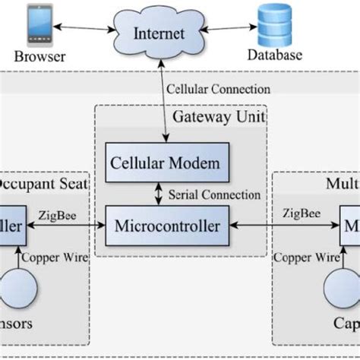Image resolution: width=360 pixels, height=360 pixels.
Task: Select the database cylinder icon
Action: tap(275, 24)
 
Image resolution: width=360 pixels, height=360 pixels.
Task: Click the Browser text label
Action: tap(40, 56)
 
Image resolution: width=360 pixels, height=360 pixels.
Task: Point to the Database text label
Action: tap(275, 55)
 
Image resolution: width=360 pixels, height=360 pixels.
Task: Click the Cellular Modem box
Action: tap(166, 163)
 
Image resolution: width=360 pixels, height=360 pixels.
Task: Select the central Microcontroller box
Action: tap(167, 226)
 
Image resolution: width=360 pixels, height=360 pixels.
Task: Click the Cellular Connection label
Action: tap(218, 90)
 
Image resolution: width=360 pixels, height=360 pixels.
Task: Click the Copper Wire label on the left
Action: tap(55, 258)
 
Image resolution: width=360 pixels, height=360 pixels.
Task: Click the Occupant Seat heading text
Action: tap(42, 185)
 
